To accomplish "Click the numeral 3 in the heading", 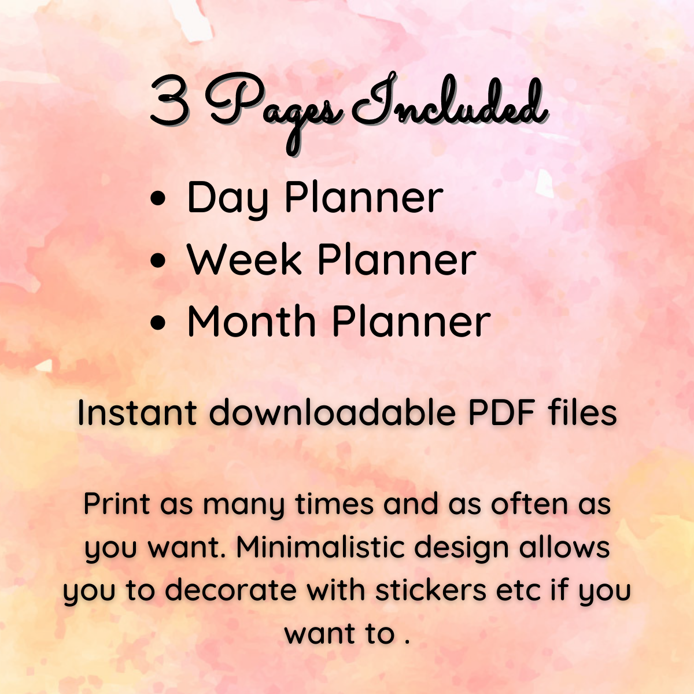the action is (169, 103).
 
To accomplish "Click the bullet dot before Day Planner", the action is (158, 199).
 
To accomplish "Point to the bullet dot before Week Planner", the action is (158, 260).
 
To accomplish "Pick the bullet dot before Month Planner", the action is (158, 322).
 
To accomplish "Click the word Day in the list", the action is (228, 199).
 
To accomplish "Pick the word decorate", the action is (231, 590).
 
